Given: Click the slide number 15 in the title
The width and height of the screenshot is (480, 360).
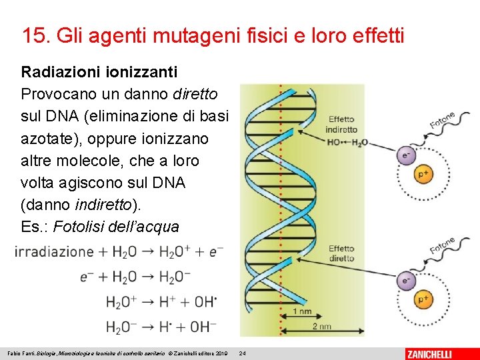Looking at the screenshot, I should coord(33,35).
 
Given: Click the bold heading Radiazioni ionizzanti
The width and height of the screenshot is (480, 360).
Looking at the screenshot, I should coord(99,71).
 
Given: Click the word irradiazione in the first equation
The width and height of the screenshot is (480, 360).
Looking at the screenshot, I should coord(54,252).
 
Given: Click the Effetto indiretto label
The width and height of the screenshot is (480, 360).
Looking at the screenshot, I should coord(341,125).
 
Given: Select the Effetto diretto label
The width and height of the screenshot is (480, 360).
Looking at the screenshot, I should coord(341,253).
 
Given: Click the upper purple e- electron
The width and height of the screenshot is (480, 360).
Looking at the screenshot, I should coord(405,156).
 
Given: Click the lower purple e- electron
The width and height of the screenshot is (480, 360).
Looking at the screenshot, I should coord(405,281).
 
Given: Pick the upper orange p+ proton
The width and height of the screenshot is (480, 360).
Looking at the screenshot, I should coord(423,174).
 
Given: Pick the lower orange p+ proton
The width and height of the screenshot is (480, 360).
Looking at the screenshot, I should coord(423,299).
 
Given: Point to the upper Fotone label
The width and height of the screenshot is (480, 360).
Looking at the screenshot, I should coord(441,121).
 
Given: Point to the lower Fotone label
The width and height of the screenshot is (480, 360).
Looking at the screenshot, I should coord(441,246).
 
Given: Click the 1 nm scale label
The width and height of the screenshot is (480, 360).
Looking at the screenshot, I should coord(303,312).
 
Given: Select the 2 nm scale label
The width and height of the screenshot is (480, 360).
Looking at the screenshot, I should coord(321,327).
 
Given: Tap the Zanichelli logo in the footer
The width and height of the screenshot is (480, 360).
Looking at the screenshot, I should coord(438,353).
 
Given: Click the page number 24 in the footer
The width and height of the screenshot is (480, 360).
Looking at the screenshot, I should coord(243,353).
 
